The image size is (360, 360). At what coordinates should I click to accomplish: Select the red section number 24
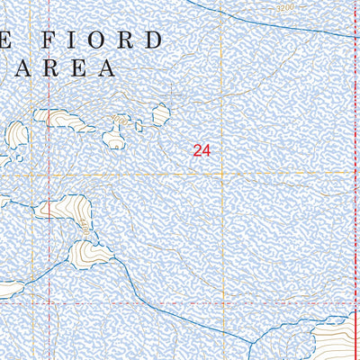coord(201,152)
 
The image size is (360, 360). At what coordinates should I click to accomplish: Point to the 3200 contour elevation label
coord(285,8)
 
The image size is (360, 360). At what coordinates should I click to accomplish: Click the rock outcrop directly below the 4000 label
coord(114,138)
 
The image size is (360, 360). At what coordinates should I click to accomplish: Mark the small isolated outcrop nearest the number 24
coord(161,114)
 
